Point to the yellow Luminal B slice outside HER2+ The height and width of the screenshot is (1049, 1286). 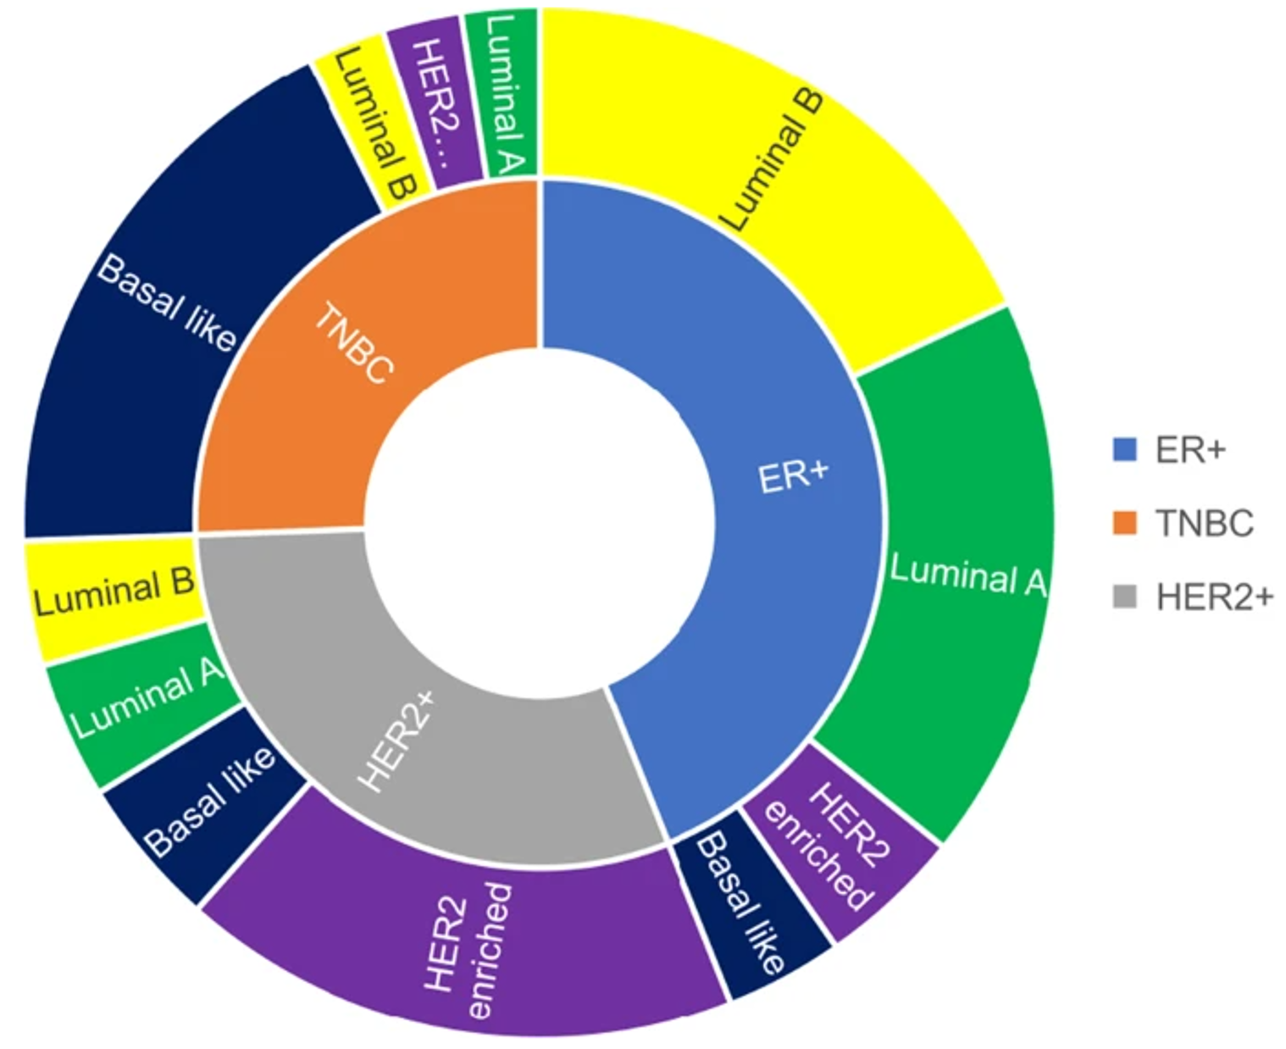[x=114, y=593]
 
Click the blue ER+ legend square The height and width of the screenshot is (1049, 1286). [x=1124, y=449]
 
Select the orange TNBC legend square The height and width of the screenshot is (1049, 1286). [x=1124, y=523]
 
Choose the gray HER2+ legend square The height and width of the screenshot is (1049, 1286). [x=1124, y=597]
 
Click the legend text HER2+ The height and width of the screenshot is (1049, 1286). [x=1214, y=597]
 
